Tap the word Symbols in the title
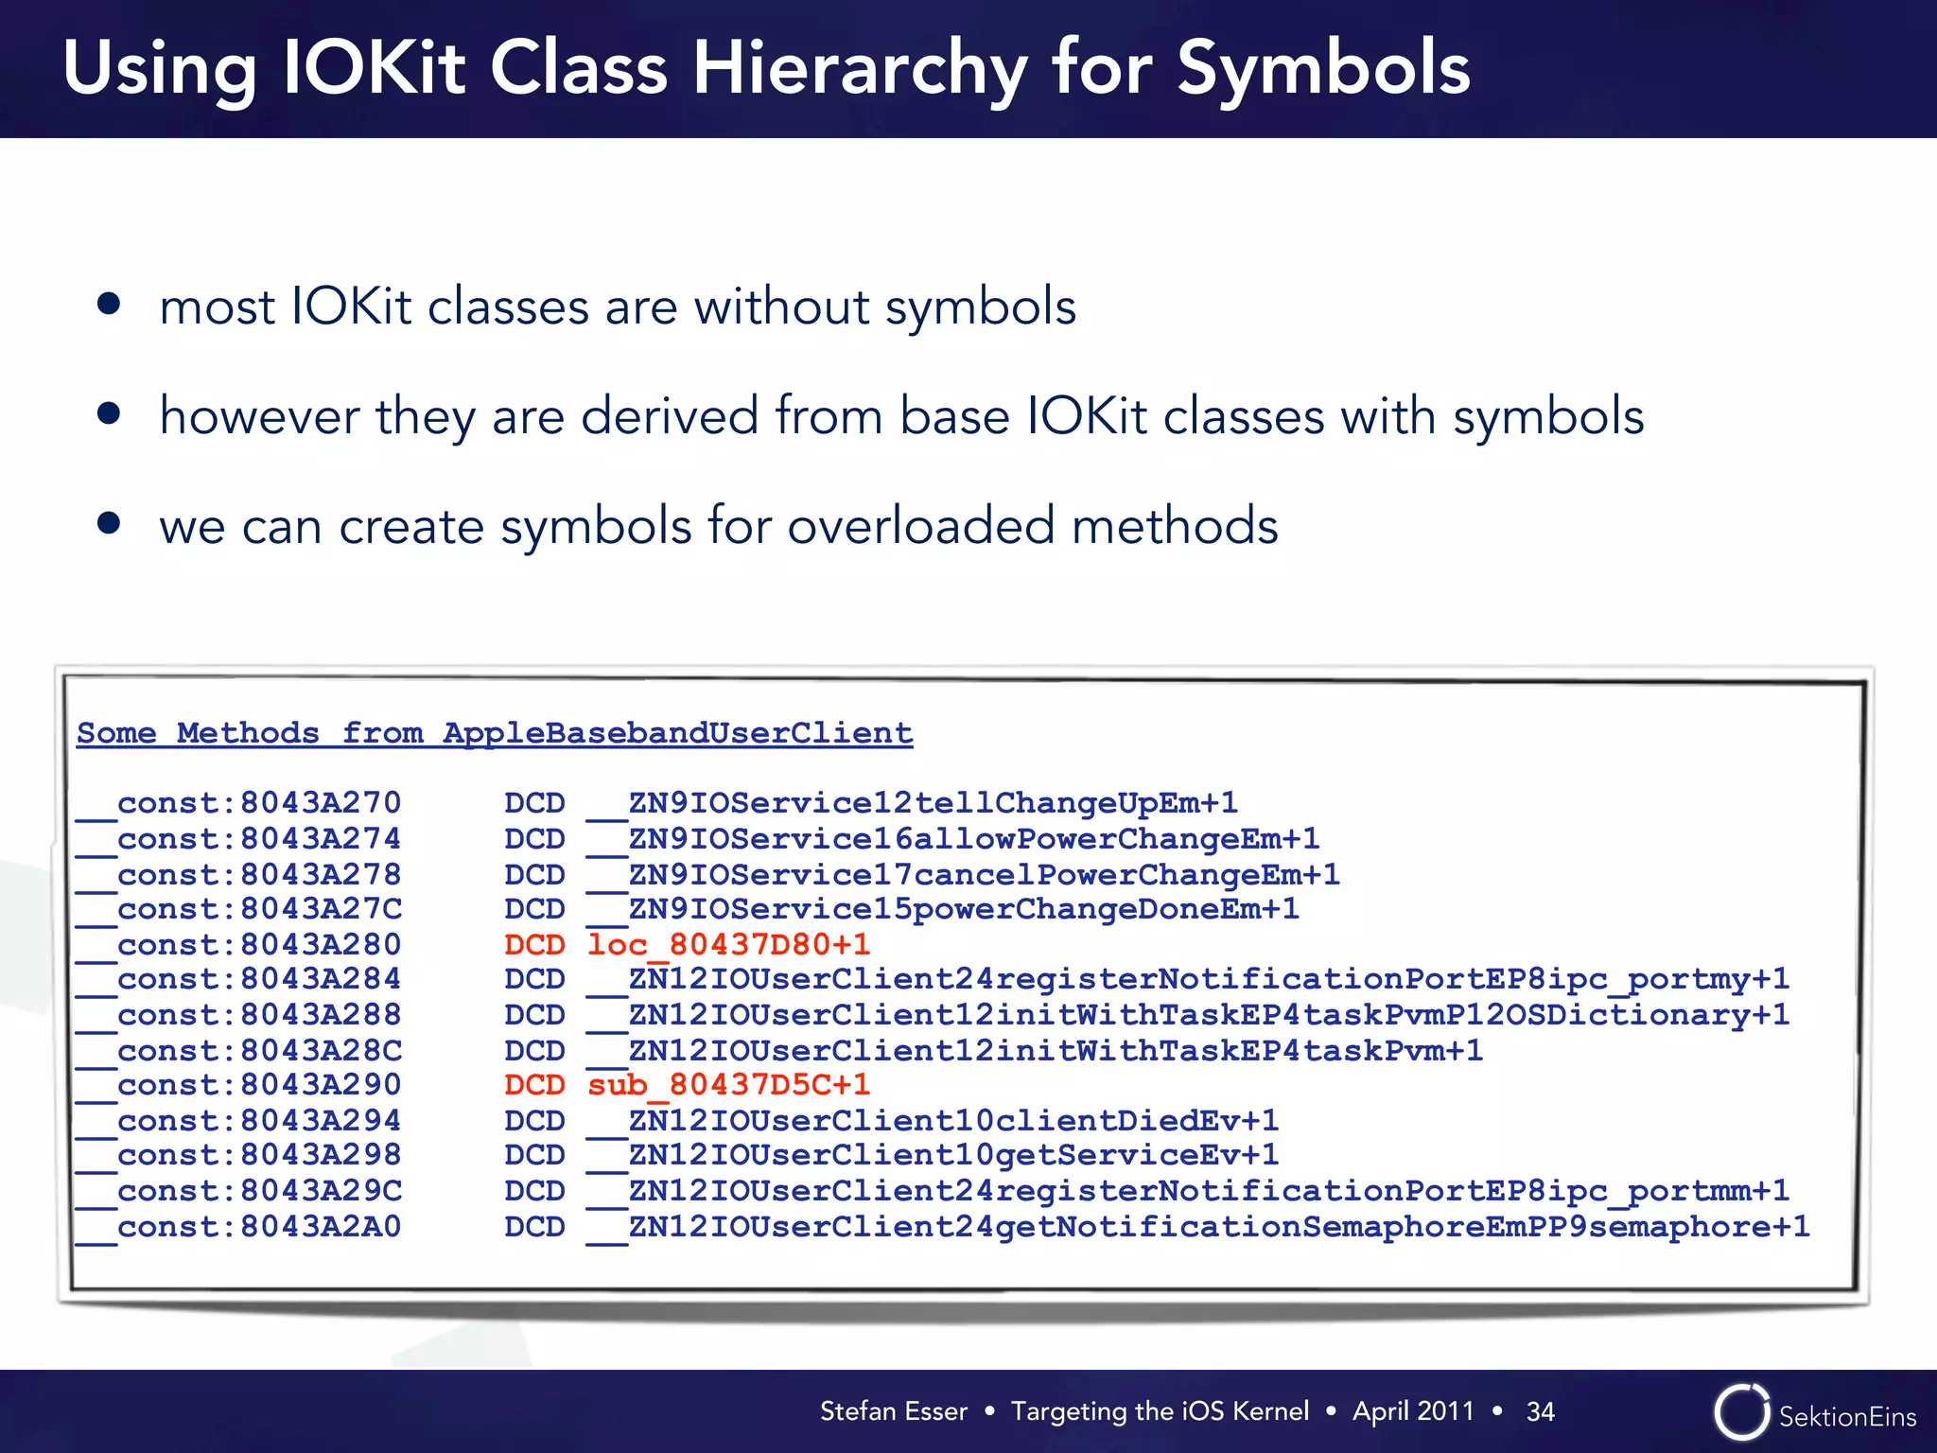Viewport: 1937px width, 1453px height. [x=1323, y=70]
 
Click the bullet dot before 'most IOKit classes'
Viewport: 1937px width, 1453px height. [x=109, y=304]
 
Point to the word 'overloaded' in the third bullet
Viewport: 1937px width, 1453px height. [x=920, y=526]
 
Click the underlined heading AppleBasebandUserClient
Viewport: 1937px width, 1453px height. [x=677, y=733]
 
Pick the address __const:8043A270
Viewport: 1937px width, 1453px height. [x=239, y=803]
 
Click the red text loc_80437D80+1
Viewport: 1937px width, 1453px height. [x=728, y=944]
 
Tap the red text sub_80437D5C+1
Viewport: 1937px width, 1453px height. [x=728, y=1085]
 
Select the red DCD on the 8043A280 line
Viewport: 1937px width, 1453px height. [x=534, y=944]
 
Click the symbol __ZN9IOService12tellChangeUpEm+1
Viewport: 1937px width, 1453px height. [x=913, y=803]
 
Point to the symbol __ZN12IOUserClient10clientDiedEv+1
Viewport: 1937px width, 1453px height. [x=933, y=1121]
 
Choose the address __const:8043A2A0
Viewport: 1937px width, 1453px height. [x=239, y=1227]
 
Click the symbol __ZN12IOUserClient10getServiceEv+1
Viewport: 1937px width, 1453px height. [x=933, y=1156]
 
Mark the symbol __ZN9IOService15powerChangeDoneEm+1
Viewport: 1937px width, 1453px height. [x=943, y=909]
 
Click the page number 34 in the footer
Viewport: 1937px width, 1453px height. [x=1540, y=1411]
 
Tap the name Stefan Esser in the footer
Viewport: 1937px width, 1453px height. [x=893, y=1411]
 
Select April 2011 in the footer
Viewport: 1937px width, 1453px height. [x=1413, y=1411]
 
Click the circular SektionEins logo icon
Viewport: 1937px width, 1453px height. [x=1741, y=1412]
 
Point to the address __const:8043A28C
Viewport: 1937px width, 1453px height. [x=239, y=1050]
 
